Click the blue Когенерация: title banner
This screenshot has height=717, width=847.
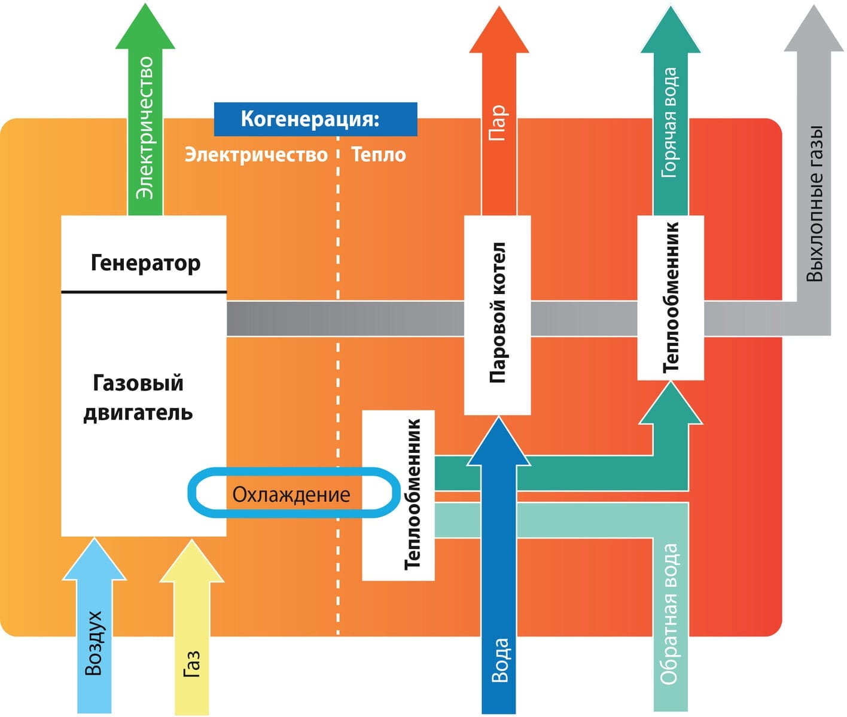(315, 119)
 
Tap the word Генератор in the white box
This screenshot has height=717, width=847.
(145, 262)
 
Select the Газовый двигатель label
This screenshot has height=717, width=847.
(138, 397)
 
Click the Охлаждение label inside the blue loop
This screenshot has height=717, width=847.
(291, 495)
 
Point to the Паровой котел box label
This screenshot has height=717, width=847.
(498, 312)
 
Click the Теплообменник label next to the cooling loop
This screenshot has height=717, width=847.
(413, 494)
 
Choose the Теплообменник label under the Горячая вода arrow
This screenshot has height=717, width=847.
(671, 297)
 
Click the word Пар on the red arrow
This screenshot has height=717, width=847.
(498, 122)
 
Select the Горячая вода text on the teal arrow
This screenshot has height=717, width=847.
(670, 122)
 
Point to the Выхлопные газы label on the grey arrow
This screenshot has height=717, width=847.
(815, 203)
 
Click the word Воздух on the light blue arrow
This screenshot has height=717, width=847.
(94, 643)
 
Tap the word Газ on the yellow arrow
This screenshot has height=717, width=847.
(191, 664)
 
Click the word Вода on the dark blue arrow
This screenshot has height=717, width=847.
(499, 660)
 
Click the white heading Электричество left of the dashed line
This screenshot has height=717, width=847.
(256, 155)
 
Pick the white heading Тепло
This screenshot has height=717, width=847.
(379, 155)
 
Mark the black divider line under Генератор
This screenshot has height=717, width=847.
(144, 292)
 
